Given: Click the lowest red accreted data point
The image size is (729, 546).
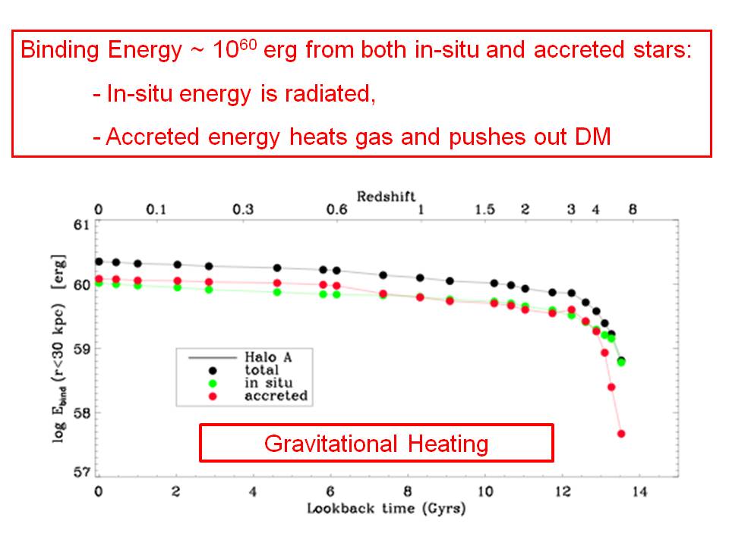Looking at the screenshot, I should pos(621,434).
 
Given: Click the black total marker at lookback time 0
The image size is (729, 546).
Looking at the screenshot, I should pos(99,262).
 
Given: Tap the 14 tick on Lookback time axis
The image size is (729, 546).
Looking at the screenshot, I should pos(640,490).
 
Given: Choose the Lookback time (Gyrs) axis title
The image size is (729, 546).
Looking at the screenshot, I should pos(386,507).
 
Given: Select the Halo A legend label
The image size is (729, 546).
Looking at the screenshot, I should pos(265,357).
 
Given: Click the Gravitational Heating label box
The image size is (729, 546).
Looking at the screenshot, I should pos(376,443).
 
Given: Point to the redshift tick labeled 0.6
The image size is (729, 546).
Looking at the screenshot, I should pos(336,210).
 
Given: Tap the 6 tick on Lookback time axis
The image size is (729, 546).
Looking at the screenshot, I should pos(331,490).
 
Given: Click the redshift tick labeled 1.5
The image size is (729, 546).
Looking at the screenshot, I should pos(486,210).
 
